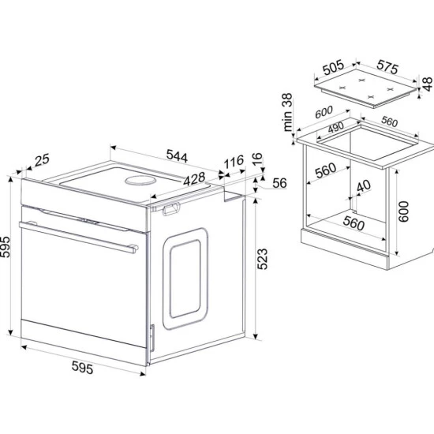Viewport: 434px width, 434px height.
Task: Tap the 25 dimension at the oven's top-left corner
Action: point(42,159)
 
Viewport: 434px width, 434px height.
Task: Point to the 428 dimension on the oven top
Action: point(195,178)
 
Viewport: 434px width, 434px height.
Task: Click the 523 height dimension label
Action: point(263,259)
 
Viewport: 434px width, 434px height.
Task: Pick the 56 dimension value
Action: point(279,183)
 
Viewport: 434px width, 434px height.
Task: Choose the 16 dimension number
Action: point(257,159)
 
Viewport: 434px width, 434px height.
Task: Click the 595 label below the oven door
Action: point(82,368)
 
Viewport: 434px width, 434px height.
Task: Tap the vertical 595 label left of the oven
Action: point(5,247)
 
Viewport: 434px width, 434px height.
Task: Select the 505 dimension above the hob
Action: point(334,68)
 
